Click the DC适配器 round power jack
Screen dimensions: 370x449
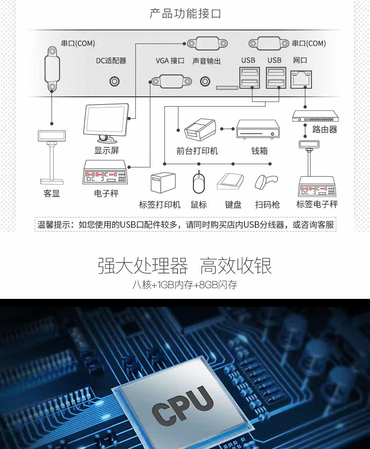[x=114, y=82]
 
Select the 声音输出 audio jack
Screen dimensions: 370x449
[x=205, y=82]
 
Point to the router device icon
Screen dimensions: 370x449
[x=315, y=116]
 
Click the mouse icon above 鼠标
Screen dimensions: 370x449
[x=199, y=183]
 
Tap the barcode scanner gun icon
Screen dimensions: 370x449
[x=266, y=182]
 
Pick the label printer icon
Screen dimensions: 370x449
[x=163, y=183]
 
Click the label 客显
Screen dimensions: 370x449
[x=52, y=193]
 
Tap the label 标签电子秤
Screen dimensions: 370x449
[x=317, y=204]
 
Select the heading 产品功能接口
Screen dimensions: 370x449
[x=185, y=14]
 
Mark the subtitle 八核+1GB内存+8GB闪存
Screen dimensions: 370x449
[x=185, y=284]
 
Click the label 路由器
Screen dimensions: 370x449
[x=325, y=129]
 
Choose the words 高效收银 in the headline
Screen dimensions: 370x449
[x=236, y=266]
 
